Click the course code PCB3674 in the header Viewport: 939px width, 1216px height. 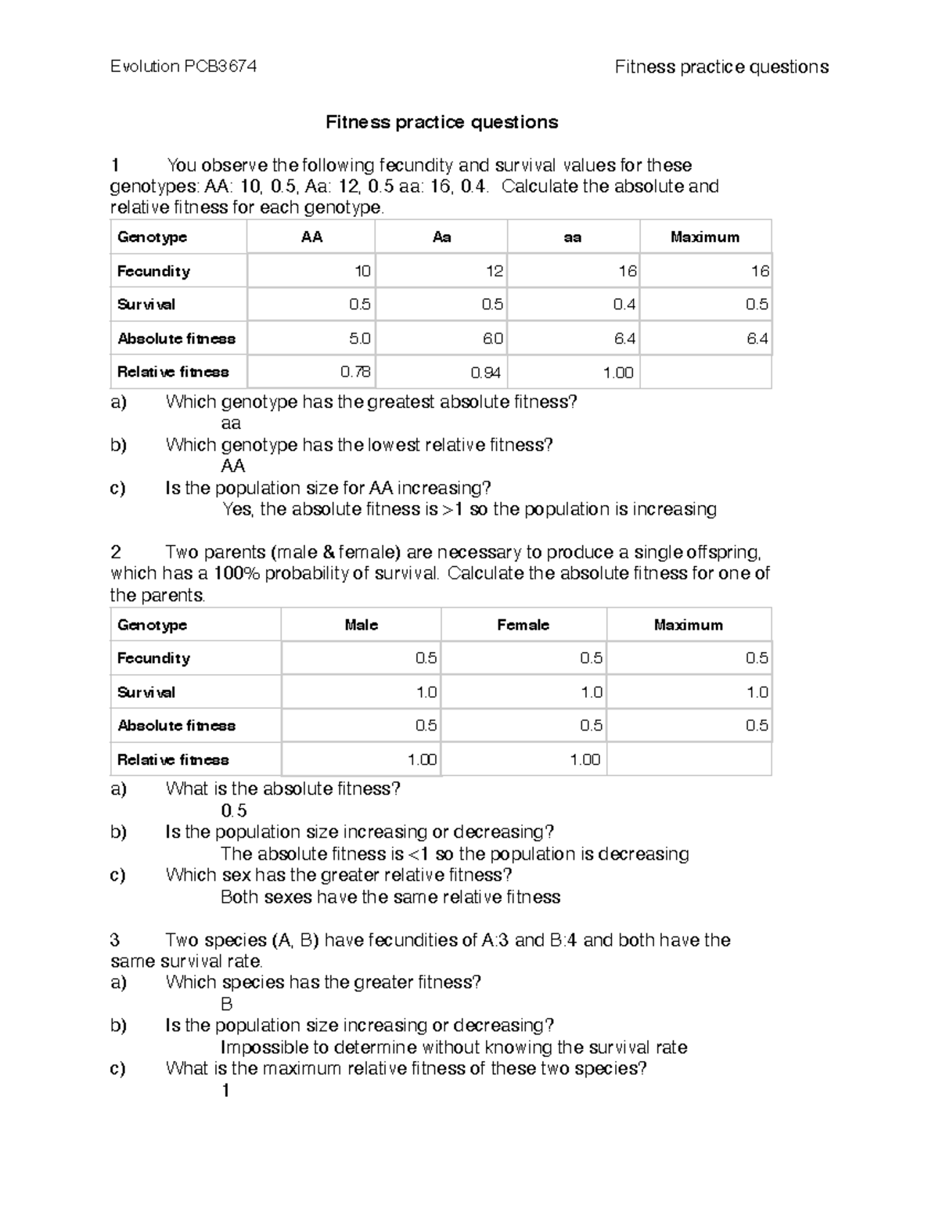click(220, 67)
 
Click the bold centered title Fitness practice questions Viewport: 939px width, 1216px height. click(441, 122)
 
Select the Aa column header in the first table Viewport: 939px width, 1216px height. click(441, 237)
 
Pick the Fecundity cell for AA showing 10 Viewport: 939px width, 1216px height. click(362, 271)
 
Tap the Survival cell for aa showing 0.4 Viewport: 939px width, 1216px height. click(625, 305)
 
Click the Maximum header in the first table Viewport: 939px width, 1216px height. click(704, 237)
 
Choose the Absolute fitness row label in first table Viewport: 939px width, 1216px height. click(176, 339)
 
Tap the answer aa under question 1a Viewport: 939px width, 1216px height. click(231, 424)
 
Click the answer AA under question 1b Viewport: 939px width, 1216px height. click(233, 466)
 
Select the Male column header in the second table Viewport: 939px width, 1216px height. click(361, 625)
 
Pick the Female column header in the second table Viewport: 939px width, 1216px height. click(523, 625)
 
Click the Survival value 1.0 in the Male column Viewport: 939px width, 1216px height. click(426, 692)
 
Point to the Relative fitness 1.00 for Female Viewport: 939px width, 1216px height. click(585, 760)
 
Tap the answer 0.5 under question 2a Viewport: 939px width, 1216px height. click(234, 810)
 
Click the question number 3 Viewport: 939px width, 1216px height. click(115, 940)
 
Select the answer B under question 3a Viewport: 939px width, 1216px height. click(227, 1004)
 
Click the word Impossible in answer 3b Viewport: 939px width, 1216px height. click(264, 1048)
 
